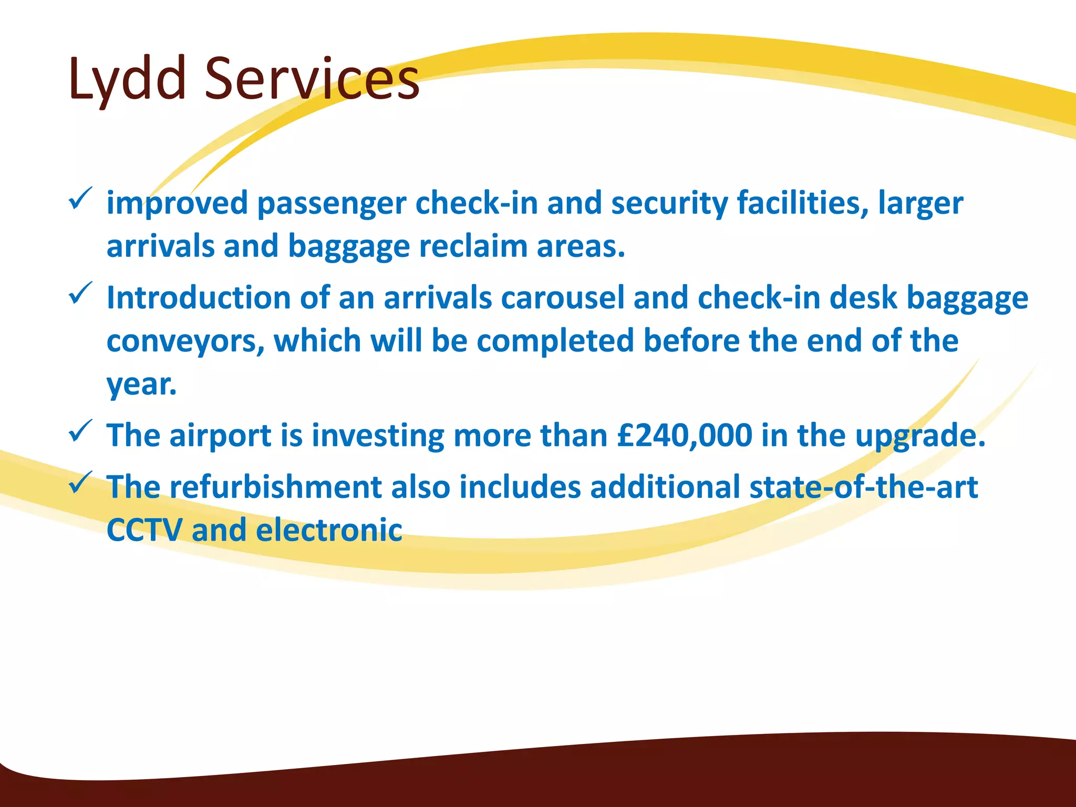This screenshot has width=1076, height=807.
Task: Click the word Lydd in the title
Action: coord(127,79)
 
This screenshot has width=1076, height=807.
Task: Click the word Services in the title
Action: coord(312,79)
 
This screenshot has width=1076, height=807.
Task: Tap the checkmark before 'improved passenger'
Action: coord(80,199)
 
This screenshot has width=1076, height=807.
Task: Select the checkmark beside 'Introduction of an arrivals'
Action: coord(80,294)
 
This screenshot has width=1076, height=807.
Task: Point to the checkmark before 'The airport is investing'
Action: coord(80,431)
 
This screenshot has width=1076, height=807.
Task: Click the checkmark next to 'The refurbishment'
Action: coord(80,482)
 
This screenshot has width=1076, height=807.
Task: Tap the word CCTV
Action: coord(144,530)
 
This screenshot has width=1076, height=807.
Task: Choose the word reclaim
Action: coord(473,246)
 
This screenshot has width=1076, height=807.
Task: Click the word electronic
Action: coord(329,530)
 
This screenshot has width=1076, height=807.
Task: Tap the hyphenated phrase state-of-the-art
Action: coord(863,487)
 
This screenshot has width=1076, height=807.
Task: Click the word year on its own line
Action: coord(141,385)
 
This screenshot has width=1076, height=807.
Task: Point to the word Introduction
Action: coord(198,298)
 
